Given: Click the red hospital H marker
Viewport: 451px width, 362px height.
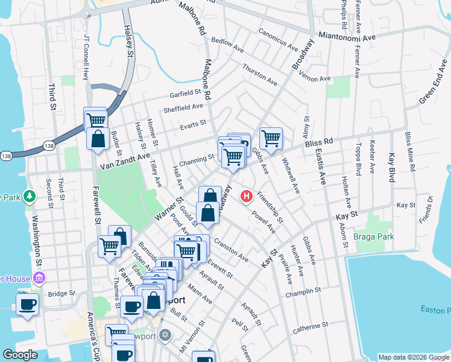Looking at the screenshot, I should pyautogui.click(x=247, y=196).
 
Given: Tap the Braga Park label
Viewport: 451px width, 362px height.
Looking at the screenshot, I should pyautogui.click(x=374, y=237).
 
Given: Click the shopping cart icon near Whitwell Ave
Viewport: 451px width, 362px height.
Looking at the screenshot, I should pyautogui.click(x=271, y=138).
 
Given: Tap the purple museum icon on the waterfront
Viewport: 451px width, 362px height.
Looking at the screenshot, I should pyautogui.click(x=40, y=278).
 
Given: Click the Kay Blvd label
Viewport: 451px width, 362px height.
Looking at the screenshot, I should pyautogui.click(x=392, y=168).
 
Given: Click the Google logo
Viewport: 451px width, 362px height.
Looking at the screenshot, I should pyautogui.click(x=20, y=355).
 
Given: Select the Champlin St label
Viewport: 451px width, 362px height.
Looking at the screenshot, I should pyautogui.click(x=304, y=291).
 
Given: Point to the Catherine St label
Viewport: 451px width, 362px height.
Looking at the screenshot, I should pyautogui.click(x=311, y=329).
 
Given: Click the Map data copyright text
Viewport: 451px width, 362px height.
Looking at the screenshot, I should pyautogui.click(x=414, y=357).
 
